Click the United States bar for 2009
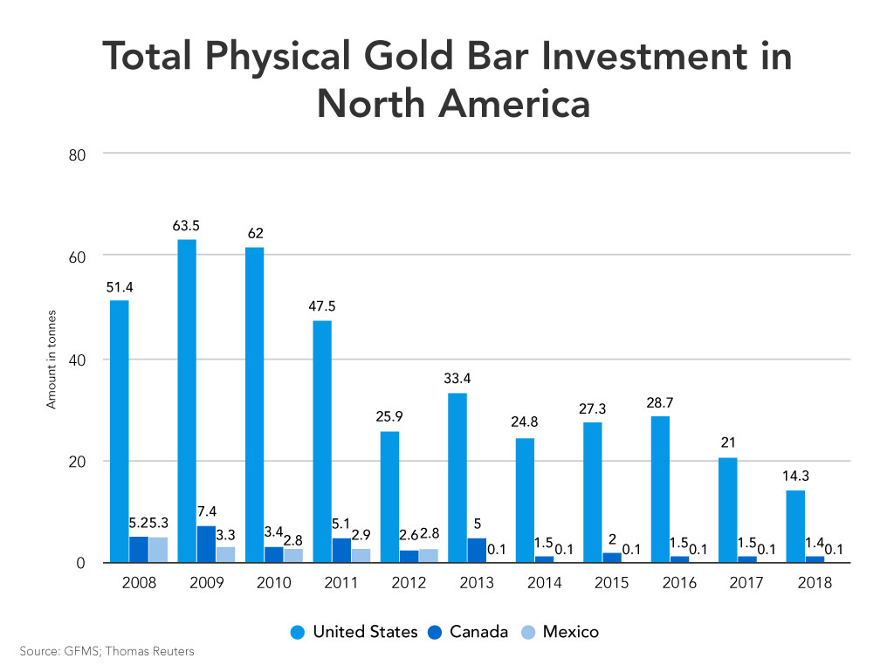(x=187, y=401)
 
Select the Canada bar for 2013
(x=477, y=550)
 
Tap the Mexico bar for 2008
(x=158, y=550)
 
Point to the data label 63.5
(x=186, y=227)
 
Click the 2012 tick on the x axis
(x=409, y=583)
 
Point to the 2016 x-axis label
(x=679, y=583)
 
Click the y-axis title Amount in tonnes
(x=52, y=359)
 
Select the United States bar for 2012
(x=389, y=497)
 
